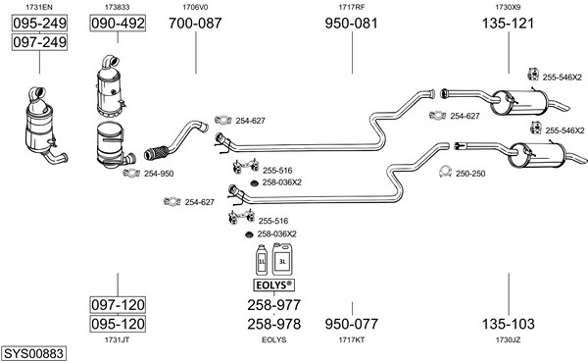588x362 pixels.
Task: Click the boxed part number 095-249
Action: point(39,24)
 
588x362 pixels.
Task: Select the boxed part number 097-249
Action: point(39,42)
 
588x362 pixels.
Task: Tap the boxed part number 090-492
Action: point(118,24)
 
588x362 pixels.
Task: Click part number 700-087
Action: point(195,24)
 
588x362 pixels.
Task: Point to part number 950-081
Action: point(352,24)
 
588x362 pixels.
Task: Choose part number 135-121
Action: point(508,24)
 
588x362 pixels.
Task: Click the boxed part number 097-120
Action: point(118,304)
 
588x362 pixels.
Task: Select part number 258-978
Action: point(273,324)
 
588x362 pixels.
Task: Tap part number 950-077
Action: point(352,324)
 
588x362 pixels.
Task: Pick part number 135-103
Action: point(508,324)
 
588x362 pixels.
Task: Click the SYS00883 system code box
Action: point(33,353)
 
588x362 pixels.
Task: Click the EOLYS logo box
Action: point(273,285)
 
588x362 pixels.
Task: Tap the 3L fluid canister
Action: point(282,259)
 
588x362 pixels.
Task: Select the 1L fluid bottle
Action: point(262,260)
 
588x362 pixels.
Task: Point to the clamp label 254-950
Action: point(159,174)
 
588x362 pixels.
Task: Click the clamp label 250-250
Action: point(470,174)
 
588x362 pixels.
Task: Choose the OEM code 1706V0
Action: point(195,7)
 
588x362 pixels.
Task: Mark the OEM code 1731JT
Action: point(117,339)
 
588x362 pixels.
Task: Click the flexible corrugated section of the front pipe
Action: point(156,152)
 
